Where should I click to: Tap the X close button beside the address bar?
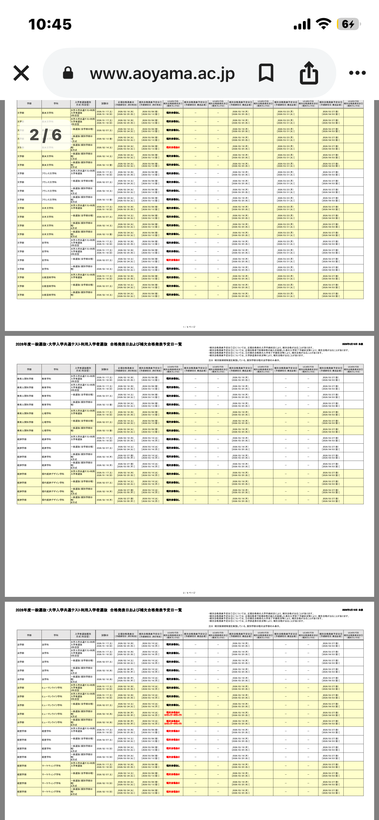point(21,73)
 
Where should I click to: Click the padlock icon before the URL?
point(68,73)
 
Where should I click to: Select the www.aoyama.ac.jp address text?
point(162,74)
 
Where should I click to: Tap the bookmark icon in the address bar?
point(266,73)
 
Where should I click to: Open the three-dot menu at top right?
point(357,73)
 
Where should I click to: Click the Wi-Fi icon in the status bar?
point(323,24)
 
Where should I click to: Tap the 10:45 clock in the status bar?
point(50,24)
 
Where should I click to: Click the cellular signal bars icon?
point(302,24)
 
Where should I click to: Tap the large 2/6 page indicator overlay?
point(45,135)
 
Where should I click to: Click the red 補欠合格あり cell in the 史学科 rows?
point(173,260)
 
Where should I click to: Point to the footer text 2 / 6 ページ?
point(189,593)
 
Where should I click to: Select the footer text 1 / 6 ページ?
point(189,327)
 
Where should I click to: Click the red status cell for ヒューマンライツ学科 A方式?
point(173,714)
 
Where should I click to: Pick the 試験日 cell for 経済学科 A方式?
point(105,457)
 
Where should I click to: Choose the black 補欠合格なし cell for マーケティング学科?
point(173,766)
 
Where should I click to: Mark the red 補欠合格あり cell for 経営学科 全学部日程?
point(173,740)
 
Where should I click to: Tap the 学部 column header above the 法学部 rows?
point(29,635)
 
